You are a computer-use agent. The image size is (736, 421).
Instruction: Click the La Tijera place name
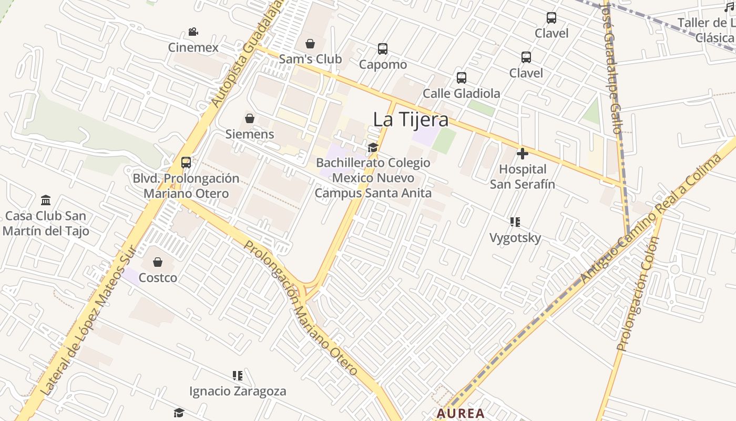(x=411, y=120)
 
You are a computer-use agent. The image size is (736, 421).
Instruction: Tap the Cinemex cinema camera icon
(x=193, y=32)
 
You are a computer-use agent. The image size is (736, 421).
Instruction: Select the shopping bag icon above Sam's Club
(x=310, y=44)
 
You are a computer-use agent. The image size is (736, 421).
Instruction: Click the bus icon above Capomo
(x=383, y=49)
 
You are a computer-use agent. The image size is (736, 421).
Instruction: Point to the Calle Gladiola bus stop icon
(x=462, y=78)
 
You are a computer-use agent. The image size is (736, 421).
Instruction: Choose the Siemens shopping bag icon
(x=250, y=118)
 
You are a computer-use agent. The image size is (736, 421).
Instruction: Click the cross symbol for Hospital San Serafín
(x=523, y=154)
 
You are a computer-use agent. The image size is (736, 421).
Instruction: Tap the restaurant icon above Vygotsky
(x=515, y=222)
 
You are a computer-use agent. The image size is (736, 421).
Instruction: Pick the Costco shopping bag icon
(x=158, y=262)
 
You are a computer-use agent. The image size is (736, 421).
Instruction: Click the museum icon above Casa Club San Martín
(x=46, y=201)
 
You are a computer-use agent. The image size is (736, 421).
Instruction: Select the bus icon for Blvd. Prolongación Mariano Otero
(x=186, y=163)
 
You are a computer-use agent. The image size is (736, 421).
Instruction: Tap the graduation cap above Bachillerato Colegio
(x=373, y=147)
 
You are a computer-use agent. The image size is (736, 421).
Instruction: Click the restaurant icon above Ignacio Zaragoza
(x=238, y=376)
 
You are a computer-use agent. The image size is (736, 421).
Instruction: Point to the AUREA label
(x=461, y=414)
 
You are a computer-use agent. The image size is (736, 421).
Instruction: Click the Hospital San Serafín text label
(x=523, y=177)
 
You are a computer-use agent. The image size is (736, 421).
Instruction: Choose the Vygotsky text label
(x=515, y=238)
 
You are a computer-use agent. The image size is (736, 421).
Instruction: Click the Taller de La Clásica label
(x=707, y=30)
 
